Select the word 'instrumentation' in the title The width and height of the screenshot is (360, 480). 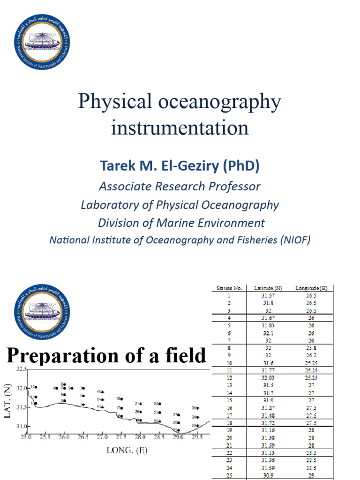180,127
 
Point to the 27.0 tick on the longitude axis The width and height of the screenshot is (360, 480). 102,436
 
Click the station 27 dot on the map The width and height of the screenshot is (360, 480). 179,415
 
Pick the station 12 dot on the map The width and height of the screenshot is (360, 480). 36,387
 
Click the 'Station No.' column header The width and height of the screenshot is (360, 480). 229,288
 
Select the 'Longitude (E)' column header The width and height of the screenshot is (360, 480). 311,288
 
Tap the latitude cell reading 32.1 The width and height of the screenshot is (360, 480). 268,333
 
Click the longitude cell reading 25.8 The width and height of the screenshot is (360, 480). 311,348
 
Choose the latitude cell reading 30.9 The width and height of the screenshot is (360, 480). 268,475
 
